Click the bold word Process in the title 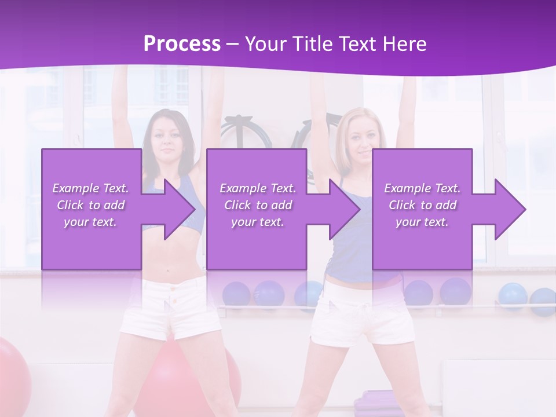(x=182, y=44)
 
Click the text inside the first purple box (x=91, y=204)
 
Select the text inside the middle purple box (x=257, y=204)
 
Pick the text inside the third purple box (x=422, y=204)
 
